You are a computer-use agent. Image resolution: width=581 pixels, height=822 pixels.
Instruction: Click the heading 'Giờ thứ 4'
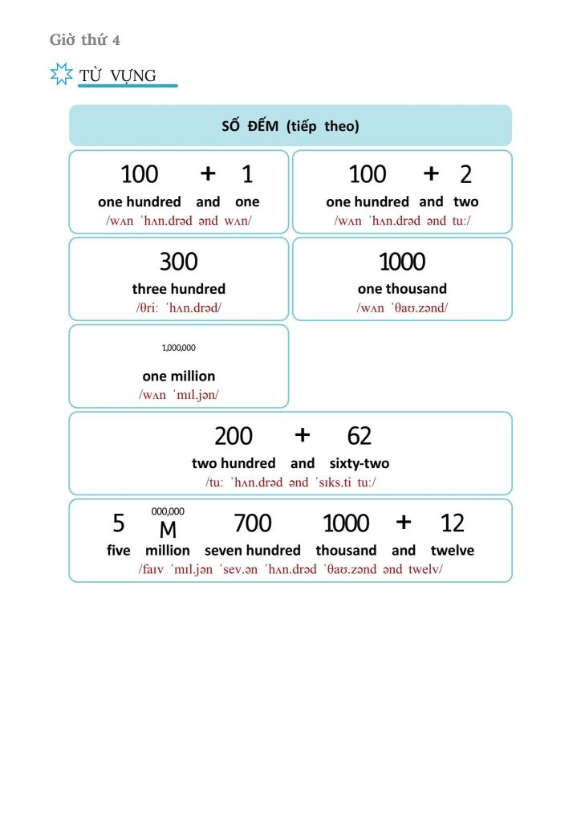click(x=85, y=40)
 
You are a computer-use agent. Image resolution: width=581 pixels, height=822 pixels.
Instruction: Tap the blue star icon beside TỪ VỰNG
click(x=61, y=75)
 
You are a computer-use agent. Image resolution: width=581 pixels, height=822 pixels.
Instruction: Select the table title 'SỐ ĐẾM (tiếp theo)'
click(x=290, y=126)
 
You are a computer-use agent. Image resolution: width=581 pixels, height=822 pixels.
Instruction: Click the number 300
click(x=178, y=262)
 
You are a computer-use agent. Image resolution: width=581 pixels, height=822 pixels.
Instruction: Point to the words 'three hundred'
click(x=178, y=289)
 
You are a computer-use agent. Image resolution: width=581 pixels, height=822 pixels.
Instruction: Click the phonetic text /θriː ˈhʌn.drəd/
click(x=178, y=307)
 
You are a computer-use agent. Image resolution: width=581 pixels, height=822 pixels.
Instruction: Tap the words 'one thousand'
click(x=402, y=289)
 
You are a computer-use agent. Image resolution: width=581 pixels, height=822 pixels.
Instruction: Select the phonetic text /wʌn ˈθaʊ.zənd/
click(x=402, y=307)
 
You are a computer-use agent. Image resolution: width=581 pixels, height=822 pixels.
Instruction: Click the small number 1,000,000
click(x=178, y=348)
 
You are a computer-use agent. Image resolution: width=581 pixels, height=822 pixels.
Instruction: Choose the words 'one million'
click(x=178, y=376)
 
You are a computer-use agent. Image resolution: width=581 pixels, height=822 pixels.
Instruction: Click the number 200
click(x=233, y=436)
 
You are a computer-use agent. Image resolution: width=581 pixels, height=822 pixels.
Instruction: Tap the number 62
click(x=360, y=436)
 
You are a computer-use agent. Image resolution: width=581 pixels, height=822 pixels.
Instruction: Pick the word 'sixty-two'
click(x=359, y=463)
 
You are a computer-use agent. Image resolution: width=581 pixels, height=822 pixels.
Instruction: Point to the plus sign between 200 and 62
click(x=302, y=435)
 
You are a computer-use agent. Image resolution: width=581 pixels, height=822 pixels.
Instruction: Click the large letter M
click(x=168, y=530)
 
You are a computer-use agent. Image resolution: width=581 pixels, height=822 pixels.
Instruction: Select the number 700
click(x=252, y=523)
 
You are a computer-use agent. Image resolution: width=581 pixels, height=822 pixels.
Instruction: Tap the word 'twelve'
click(x=452, y=551)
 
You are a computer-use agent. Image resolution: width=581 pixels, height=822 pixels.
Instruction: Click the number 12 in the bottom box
click(x=453, y=523)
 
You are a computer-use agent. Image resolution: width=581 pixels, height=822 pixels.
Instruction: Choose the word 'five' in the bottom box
click(x=118, y=551)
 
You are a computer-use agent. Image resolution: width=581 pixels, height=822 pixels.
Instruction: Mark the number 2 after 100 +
click(x=465, y=174)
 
